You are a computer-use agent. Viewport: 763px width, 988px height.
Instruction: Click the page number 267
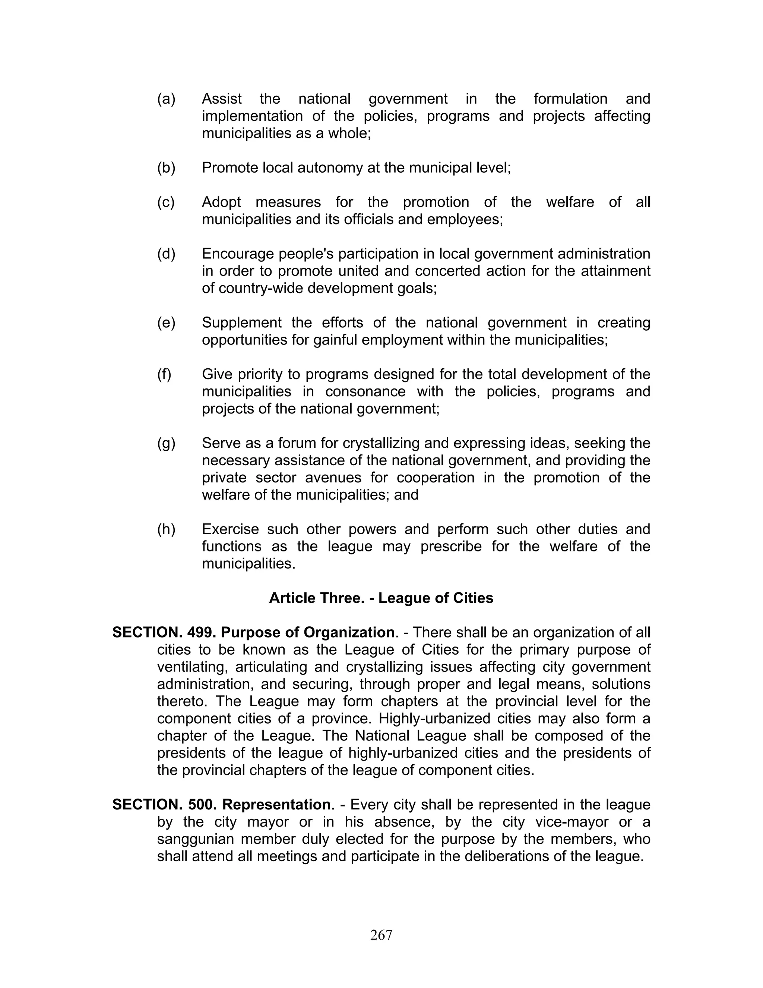point(381,935)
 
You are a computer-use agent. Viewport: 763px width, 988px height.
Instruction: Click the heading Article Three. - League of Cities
point(381,598)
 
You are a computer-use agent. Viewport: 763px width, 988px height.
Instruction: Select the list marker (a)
point(166,99)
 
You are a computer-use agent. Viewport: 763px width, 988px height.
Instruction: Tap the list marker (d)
point(166,254)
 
